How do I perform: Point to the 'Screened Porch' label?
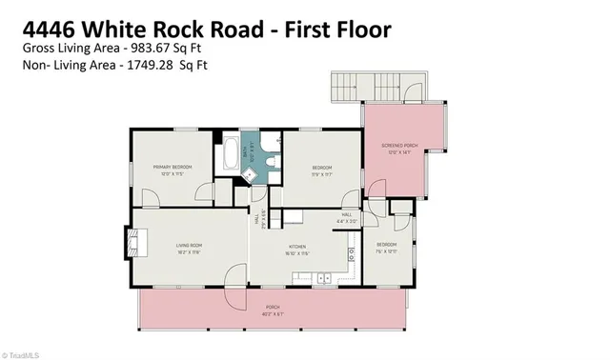399,146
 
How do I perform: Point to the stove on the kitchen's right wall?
351,255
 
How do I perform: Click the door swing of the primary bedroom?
150,195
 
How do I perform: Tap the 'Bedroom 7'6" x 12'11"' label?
387,246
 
